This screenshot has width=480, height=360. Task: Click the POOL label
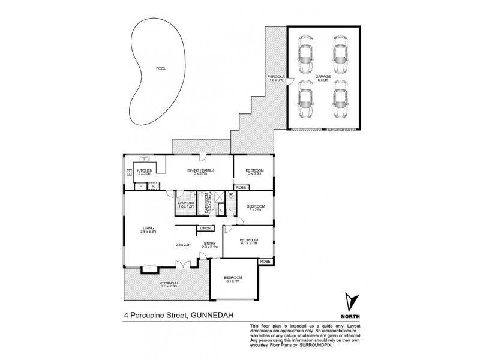click(x=160, y=68)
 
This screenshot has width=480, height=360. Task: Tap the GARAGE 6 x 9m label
click(x=322, y=79)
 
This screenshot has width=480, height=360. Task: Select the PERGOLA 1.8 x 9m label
click(x=277, y=79)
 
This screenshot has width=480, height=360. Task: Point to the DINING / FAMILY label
click(x=201, y=172)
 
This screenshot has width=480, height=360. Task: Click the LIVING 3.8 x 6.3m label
click(x=148, y=229)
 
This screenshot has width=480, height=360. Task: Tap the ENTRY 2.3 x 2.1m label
click(x=208, y=245)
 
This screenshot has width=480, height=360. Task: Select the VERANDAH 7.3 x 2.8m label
click(x=169, y=284)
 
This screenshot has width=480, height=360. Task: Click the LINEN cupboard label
click(x=205, y=228)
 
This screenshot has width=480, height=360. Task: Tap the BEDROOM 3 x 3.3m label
click(x=254, y=172)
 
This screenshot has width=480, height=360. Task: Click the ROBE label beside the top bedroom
click(x=241, y=188)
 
